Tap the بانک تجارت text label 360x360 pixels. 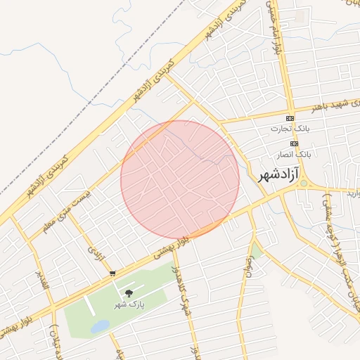coord(290,129)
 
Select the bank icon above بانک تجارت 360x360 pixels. coord(290,117)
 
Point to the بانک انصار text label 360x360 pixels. coord(294,153)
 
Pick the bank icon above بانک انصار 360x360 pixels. coord(294,142)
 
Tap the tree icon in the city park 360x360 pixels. coord(128,292)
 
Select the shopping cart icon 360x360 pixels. coord(112,273)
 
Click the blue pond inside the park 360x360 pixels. coord(100,326)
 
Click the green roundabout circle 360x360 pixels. coord(304,184)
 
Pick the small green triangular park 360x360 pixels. coord(257,251)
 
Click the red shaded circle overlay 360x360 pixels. coord(180,179)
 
